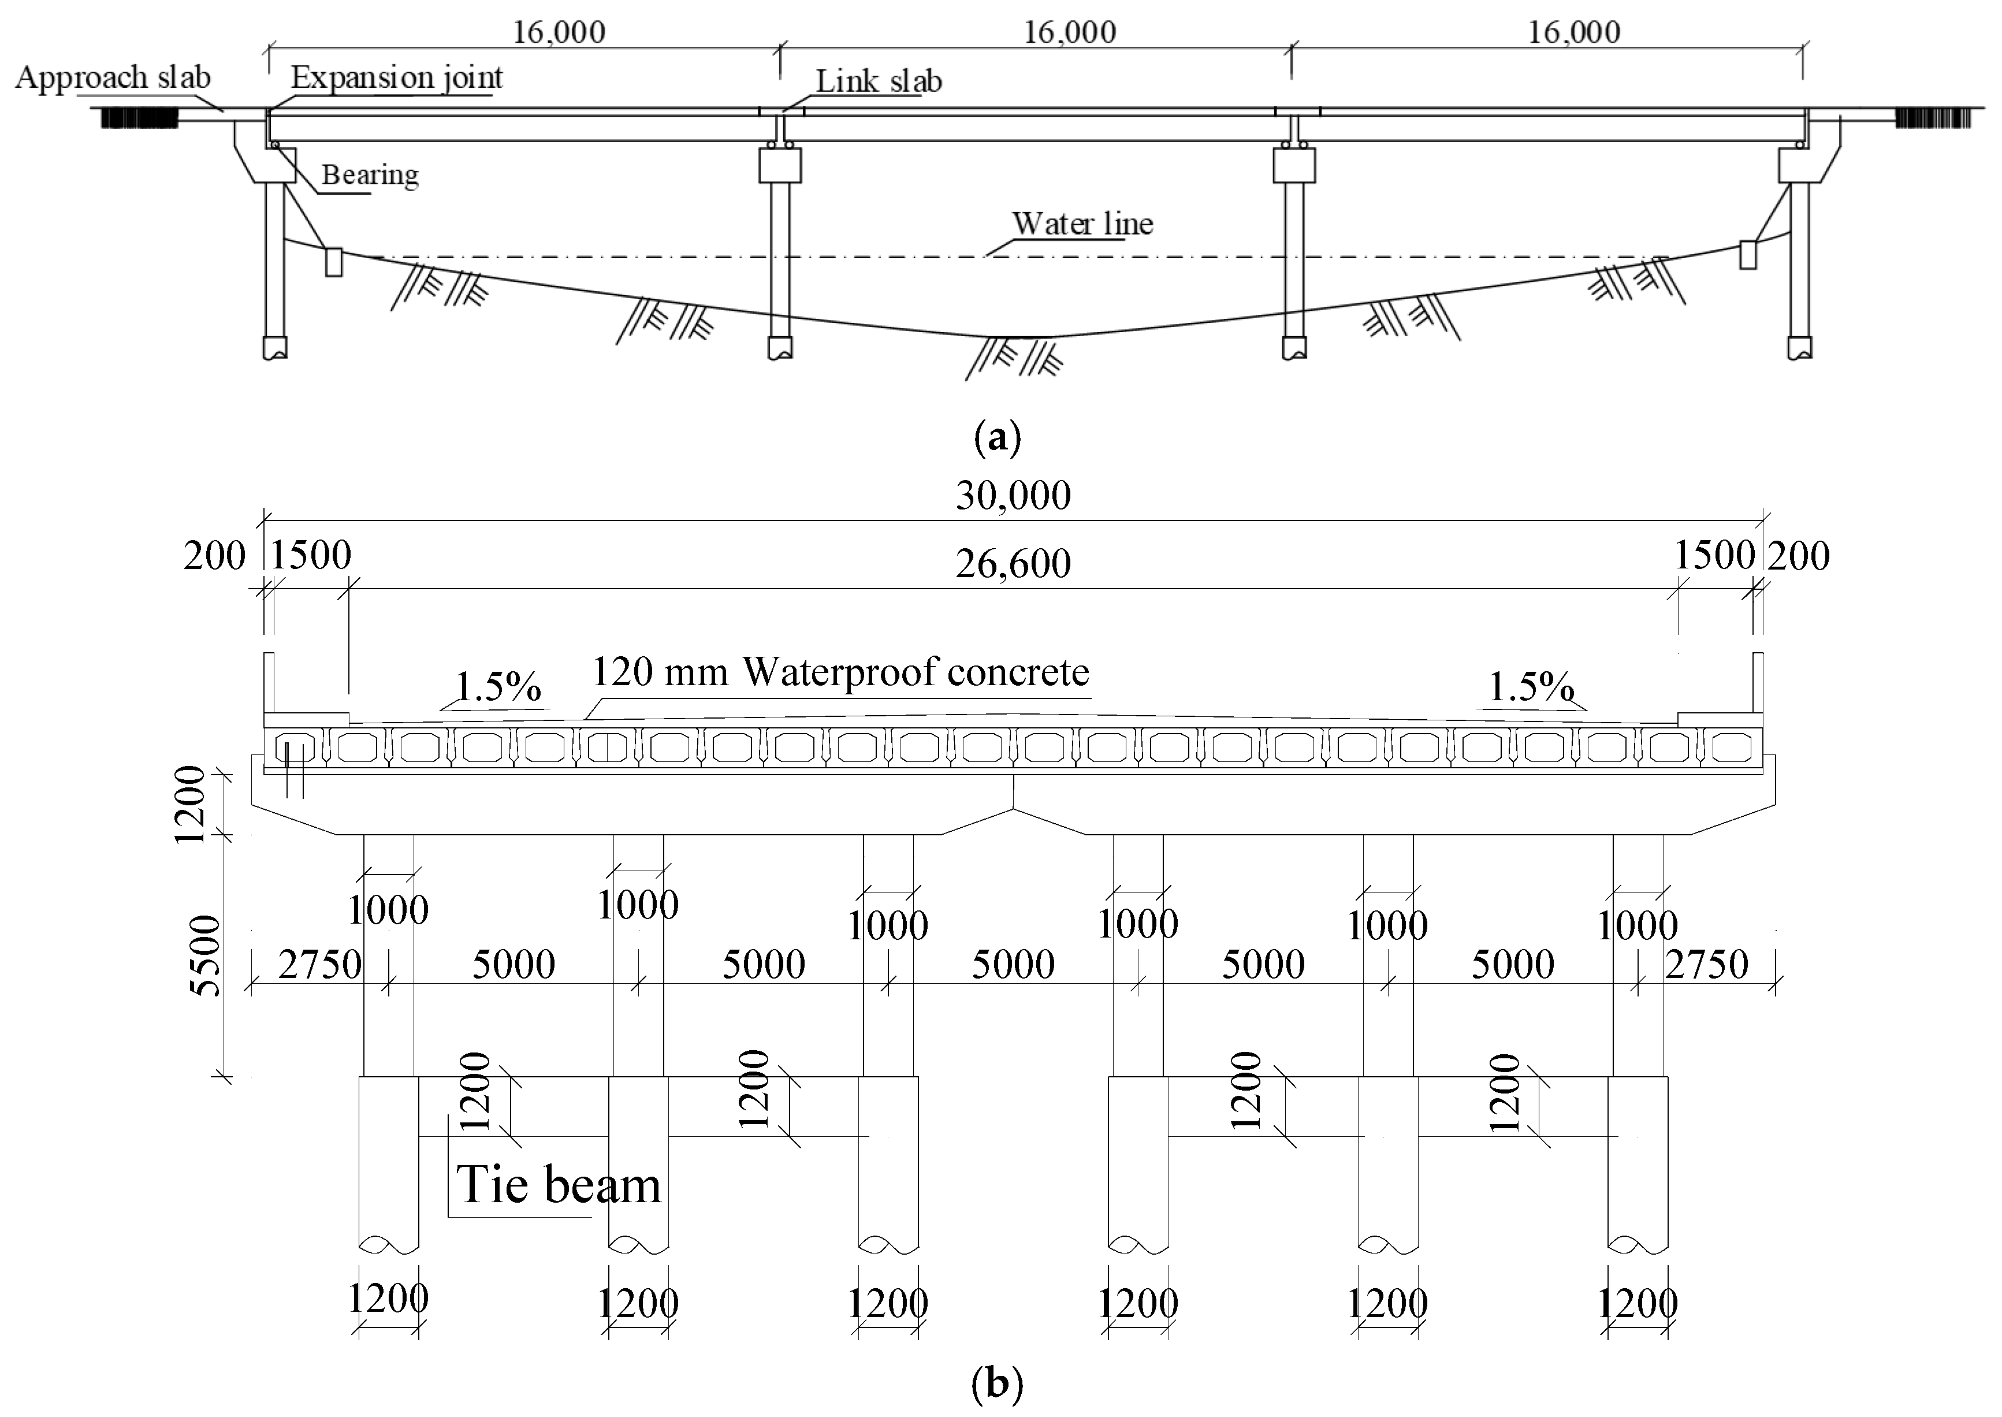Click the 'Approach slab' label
coord(113,77)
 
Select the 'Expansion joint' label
coord(397,77)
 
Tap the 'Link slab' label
coord(879,81)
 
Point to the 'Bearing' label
coord(370,174)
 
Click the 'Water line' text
coord(1082,224)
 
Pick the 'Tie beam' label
coord(559,1184)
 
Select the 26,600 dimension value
coord(1013,564)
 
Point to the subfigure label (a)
coord(997,436)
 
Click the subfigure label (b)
coord(997,1383)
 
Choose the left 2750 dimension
coord(319,964)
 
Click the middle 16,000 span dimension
coord(1070,32)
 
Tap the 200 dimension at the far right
coord(1799,556)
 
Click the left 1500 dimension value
coord(311,555)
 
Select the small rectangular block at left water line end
coord(334,262)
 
